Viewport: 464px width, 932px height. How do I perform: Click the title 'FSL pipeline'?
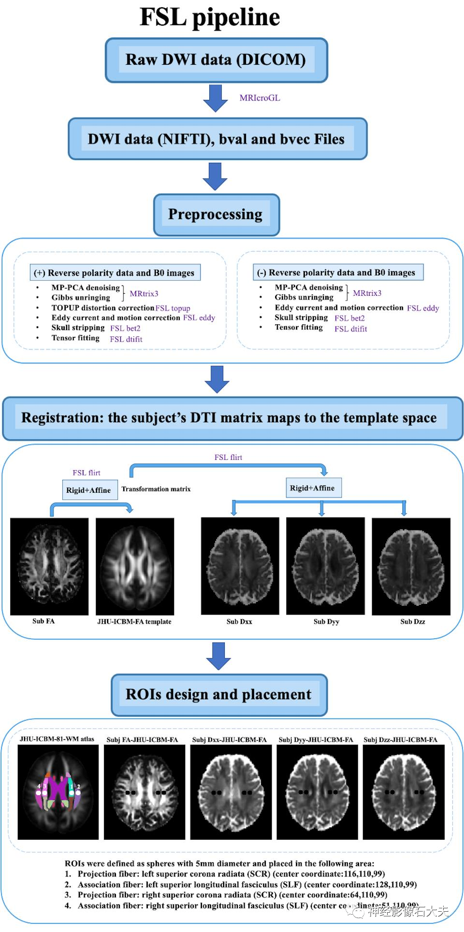point(210,17)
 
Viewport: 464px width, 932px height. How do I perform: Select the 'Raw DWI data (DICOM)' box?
point(216,60)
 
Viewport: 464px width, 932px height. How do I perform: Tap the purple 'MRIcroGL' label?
point(260,98)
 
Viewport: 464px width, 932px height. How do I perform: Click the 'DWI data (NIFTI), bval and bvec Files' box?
point(217,139)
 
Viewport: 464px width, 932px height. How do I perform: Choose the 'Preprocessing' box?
point(216,215)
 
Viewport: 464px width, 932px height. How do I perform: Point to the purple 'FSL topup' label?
point(173,308)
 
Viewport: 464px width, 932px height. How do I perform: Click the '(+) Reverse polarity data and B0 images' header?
point(115,273)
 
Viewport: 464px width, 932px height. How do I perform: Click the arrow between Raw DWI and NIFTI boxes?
point(215,98)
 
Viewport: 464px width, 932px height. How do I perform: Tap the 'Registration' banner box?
point(232,418)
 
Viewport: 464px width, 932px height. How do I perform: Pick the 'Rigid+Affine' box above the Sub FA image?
point(89,490)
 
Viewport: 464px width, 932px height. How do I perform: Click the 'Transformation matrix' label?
point(156,489)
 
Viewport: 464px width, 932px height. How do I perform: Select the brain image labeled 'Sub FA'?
point(49,566)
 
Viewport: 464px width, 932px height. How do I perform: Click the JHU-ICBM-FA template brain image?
point(135,566)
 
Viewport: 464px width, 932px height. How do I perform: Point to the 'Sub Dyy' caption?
point(326,622)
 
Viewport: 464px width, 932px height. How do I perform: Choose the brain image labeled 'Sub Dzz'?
point(411,566)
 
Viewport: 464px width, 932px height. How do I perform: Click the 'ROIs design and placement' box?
point(218,695)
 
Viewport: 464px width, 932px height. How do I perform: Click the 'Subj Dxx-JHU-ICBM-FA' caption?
point(229,740)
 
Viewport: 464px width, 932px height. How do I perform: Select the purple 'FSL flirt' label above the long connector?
point(228,457)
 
